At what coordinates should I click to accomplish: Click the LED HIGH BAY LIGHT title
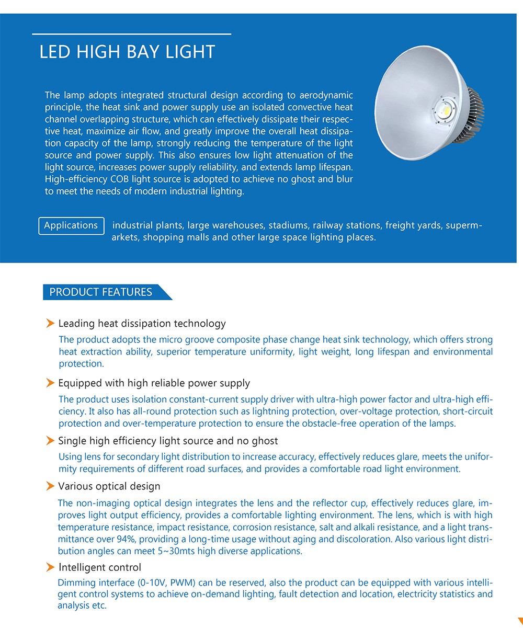(x=127, y=52)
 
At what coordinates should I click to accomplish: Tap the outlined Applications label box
(x=71, y=226)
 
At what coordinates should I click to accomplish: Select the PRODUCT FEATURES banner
(x=101, y=292)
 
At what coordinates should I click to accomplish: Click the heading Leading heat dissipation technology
(x=142, y=324)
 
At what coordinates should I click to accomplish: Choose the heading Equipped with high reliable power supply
(x=154, y=383)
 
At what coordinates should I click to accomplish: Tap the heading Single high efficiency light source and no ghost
(x=168, y=441)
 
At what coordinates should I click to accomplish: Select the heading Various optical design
(x=109, y=486)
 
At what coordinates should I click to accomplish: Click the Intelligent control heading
(x=99, y=567)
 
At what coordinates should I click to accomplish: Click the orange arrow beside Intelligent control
(x=50, y=567)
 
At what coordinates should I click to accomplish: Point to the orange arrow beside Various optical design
(x=50, y=486)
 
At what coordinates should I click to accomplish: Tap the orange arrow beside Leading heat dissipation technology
(x=50, y=324)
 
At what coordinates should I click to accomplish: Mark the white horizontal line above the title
(x=131, y=34)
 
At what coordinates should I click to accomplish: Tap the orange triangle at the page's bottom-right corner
(x=520, y=621)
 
